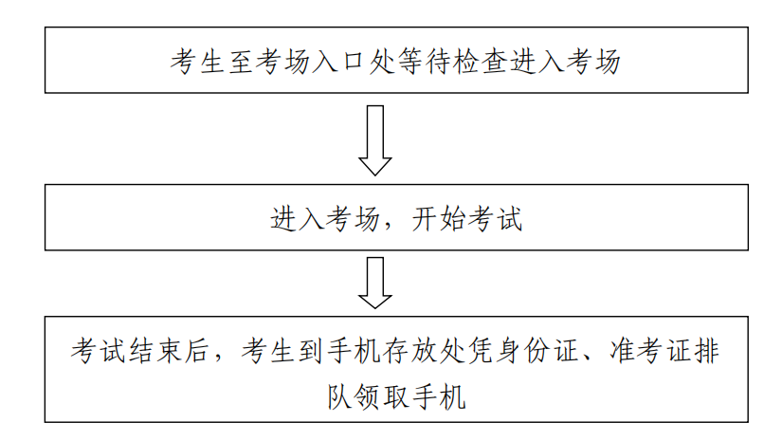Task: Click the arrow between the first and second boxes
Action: pyautogui.click(x=375, y=140)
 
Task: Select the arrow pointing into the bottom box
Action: pyautogui.click(x=375, y=283)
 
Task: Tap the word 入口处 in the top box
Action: pyautogui.click(x=355, y=62)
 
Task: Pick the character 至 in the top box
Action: pyautogui.click(x=242, y=62)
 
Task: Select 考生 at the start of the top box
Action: pyautogui.click(x=198, y=62)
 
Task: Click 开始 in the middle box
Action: pyautogui.click(x=439, y=219)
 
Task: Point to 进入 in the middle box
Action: pyautogui.click(x=298, y=219)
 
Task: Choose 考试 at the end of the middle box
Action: pyautogui.click(x=495, y=219)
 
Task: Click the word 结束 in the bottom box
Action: pyautogui.click(x=155, y=350)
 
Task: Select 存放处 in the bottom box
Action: pyautogui.click(x=425, y=350)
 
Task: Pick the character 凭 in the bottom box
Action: pyautogui.click(x=481, y=350)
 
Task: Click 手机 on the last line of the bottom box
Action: pyautogui.click(x=439, y=397)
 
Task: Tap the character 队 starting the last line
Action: pyautogui.click(x=340, y=397)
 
